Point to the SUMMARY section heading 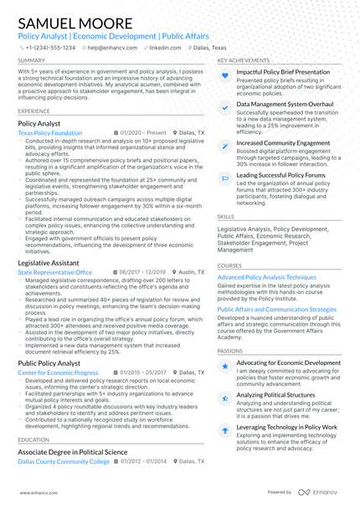pyautogui.click(x=32, y=61)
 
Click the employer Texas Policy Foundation pyautogui.click(x=49, y=133)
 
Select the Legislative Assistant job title pyautogui.click(x=54, y=263)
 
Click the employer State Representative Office pyautogui.click(x=54, y=273)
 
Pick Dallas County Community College pyautogui.click(x=64, y=461)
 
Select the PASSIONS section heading pyautogui.click(x=230, y=352)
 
